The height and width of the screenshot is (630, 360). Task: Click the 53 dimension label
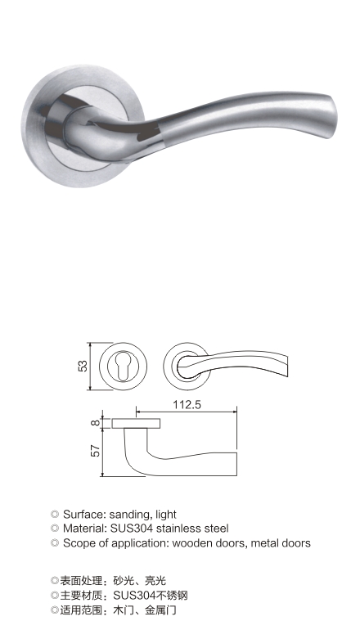83,366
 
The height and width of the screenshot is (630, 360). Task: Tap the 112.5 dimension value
187,405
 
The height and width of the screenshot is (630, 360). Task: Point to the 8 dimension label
95,423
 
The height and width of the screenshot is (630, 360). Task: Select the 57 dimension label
95,450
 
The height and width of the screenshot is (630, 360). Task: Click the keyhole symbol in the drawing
123,367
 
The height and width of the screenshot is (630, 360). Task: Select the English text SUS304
132,529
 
